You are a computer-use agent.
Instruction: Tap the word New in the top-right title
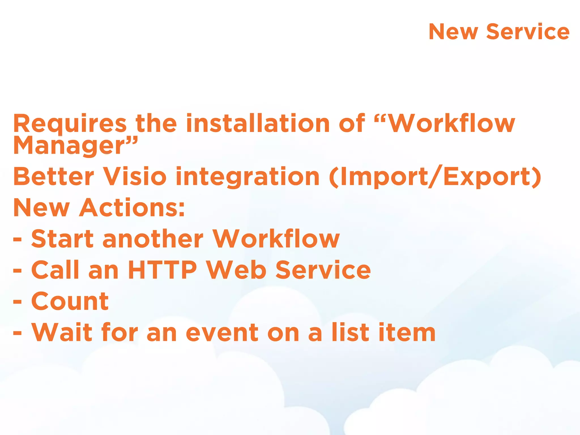[x=453, y=32]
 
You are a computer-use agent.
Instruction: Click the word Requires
[x=70, y=124]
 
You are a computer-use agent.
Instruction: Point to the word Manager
[x=69, y=146]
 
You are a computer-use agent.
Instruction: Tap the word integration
[x=248, y=177]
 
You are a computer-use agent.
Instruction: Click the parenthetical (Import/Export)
[x=435, y=177]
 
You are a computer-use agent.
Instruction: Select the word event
[x=222, y=333]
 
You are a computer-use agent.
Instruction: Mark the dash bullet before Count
[x=17, y=302]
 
